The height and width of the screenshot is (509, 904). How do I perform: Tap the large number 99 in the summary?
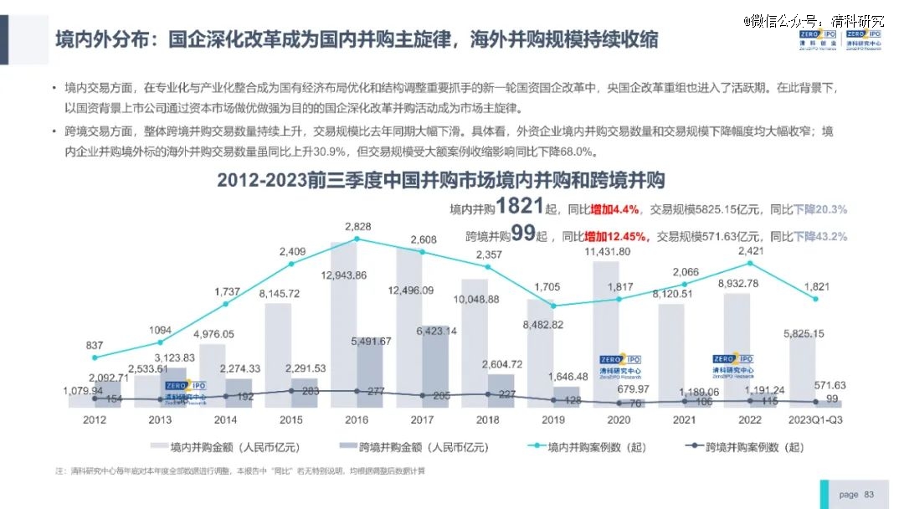click(523, 235)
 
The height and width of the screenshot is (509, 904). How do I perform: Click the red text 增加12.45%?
click(619, 237)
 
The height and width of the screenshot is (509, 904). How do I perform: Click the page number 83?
click(868, 494)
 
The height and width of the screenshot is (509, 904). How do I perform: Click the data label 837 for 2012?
click(95, 345)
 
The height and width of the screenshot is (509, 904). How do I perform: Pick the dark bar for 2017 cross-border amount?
click(435, 368)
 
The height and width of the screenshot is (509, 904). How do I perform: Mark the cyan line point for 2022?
click(750, 263)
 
